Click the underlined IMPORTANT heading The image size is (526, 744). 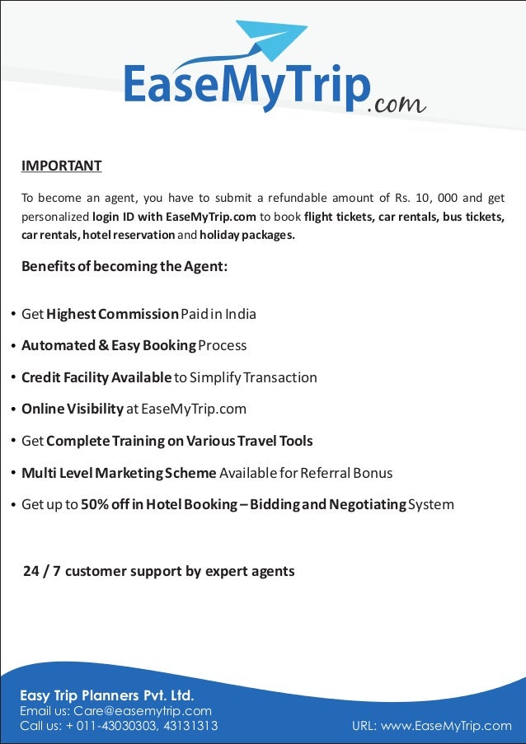61,166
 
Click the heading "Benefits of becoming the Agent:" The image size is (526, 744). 124,267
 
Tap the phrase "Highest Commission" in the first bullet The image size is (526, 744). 112,314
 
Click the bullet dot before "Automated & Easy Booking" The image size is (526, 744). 12,346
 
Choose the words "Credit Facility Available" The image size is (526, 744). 96,377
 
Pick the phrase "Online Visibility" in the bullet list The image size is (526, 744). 73,409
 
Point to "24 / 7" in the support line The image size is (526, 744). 42,571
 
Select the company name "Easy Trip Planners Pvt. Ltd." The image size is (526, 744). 106,695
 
